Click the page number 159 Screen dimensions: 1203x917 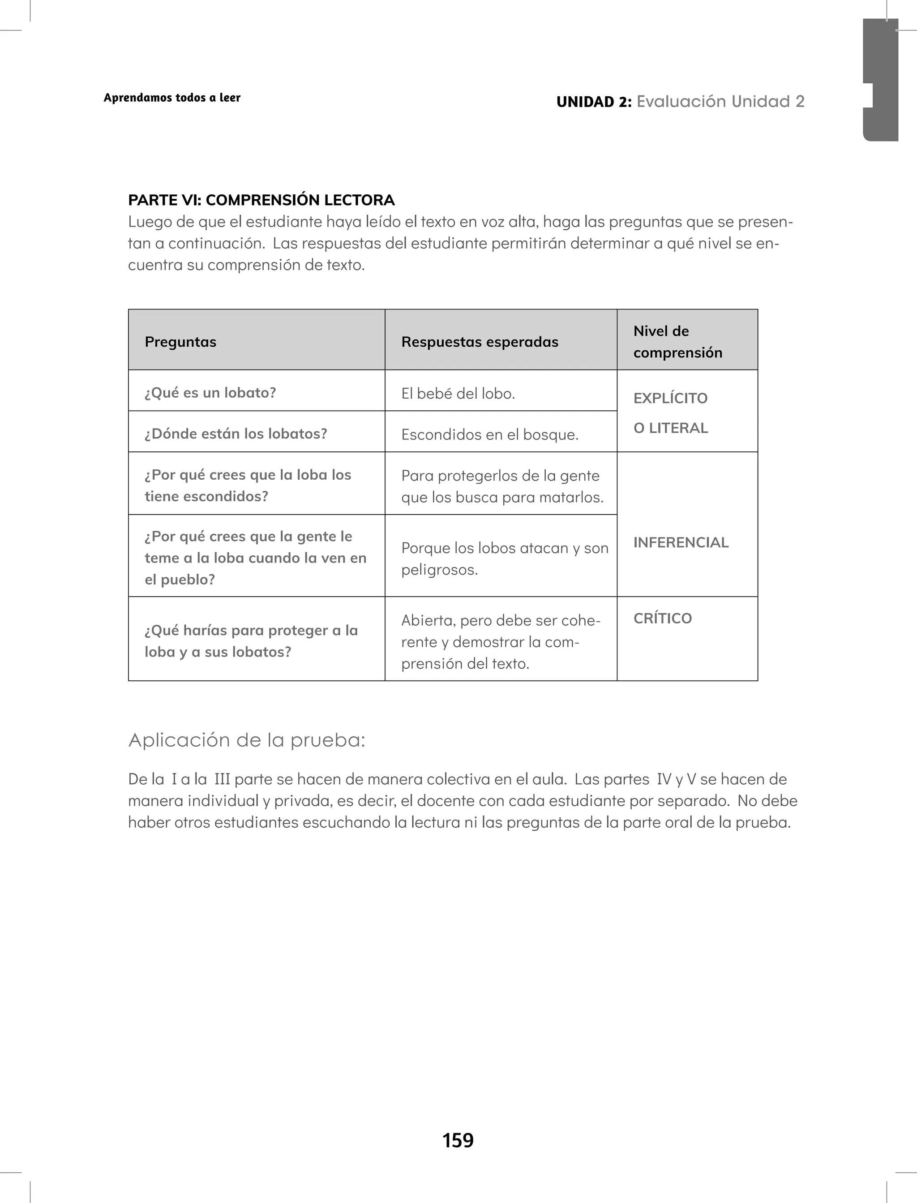458,1140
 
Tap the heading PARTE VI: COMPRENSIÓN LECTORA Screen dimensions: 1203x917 261,200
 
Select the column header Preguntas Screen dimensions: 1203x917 181,342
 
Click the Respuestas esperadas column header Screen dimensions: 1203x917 480,342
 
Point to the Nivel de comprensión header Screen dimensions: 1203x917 677,342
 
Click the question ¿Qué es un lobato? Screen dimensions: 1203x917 210,392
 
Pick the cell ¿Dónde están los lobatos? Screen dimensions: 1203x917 236,434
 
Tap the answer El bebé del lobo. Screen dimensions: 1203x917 458,394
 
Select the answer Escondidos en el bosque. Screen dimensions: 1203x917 489,434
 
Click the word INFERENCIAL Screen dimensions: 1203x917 681,542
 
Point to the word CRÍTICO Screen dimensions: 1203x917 662,618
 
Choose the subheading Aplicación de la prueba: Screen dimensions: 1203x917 247,740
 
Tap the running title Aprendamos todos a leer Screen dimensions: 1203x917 172,98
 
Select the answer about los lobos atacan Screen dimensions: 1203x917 504,559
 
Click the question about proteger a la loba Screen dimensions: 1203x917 251,641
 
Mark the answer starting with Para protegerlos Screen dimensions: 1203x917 502,486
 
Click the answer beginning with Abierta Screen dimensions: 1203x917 501,641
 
